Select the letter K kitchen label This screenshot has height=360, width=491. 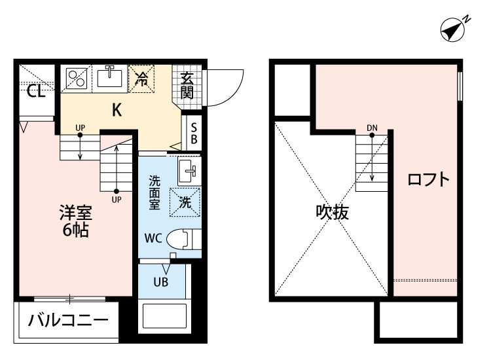coord(117,110)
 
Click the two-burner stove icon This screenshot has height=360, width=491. coord(78,79)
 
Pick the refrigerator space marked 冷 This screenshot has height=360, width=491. coord(141,79)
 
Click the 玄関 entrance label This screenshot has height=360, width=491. coord(187,85)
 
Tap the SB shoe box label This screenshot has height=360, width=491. coord(194,134)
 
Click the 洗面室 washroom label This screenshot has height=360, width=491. coord(155,192)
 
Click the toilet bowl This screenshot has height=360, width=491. coord(182,240)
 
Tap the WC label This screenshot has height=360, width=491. coord(153,238)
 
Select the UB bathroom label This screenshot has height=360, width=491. coord(160,283)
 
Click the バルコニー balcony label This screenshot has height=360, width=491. coord(68,322)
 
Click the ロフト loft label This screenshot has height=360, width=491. coord(429,180)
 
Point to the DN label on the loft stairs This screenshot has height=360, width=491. coord(372,127)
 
